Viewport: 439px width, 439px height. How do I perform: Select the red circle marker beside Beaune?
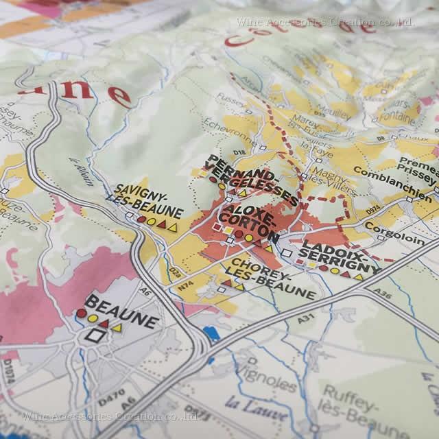coord(81,313)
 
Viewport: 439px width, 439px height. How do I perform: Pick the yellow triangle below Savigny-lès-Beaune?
coord(173,225)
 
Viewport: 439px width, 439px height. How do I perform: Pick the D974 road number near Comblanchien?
coord(372,206)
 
